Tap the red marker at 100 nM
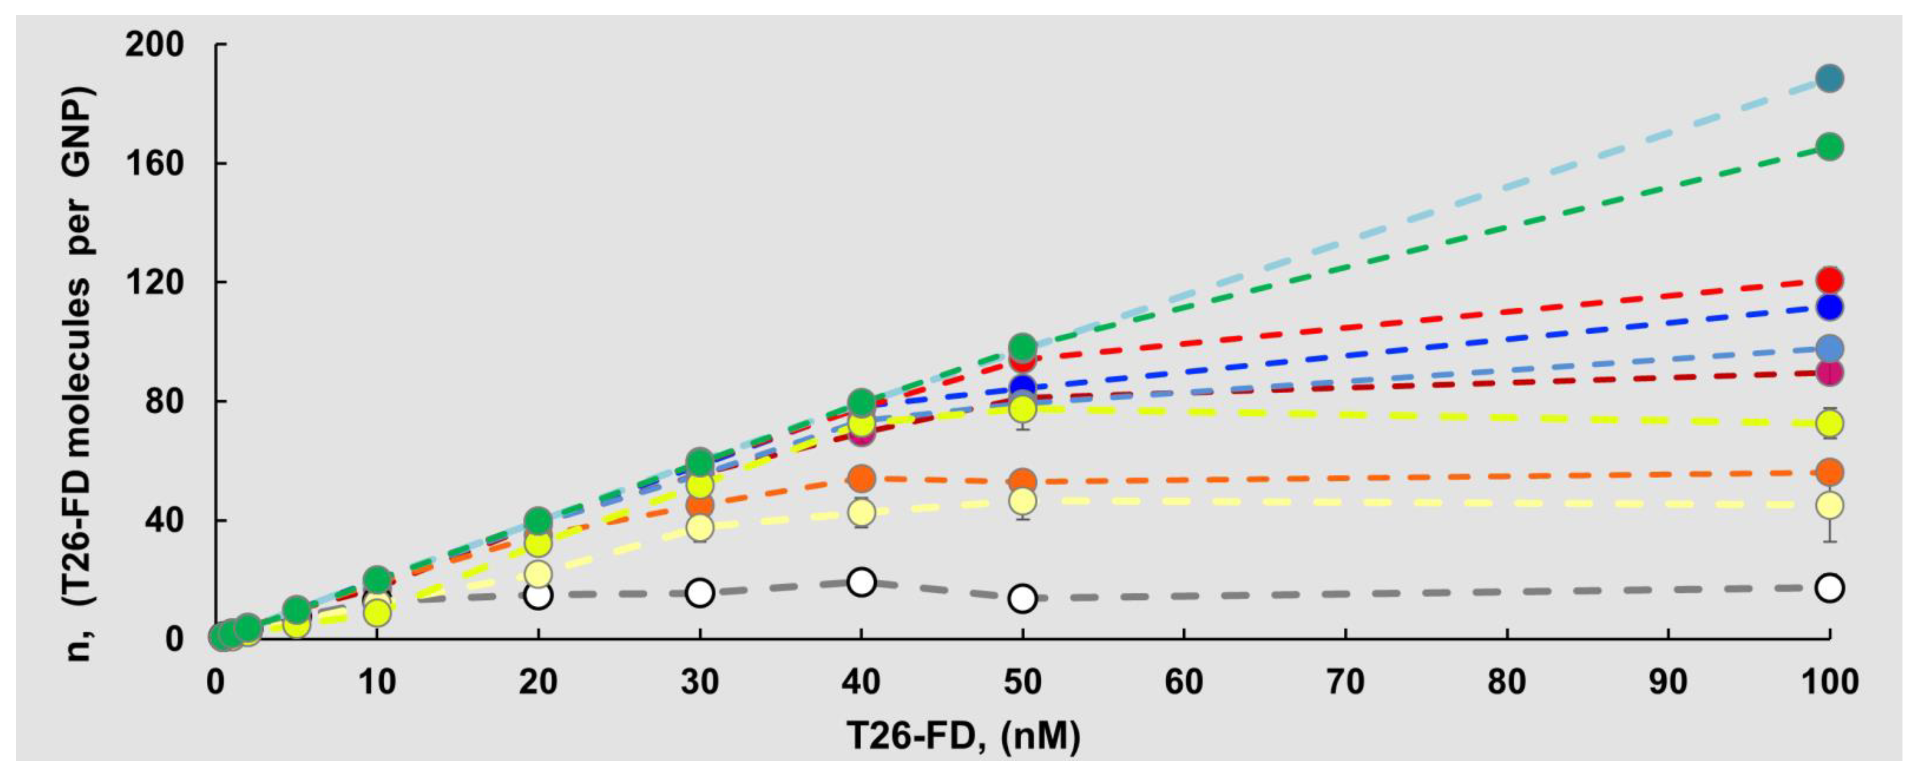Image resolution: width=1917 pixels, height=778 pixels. tap(1829, 280)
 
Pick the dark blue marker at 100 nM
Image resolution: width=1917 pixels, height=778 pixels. tap(1829, 306)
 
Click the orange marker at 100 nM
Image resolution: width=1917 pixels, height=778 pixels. tap(1829, 472)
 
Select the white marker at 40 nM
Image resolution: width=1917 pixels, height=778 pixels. tap(861, 582)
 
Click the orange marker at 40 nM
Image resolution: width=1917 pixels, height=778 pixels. tap(861, 478)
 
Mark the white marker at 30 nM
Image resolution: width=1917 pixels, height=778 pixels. tap(699, 592)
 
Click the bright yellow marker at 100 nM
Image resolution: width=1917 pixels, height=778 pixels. tap(1829, 423)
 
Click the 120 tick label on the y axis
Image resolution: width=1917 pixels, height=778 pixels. tap(154, 283)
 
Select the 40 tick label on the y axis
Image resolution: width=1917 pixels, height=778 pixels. tap(164, 520)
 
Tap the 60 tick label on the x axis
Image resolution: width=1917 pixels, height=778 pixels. tap(1183, 682)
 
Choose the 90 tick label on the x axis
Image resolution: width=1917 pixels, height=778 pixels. tap(1668, 682)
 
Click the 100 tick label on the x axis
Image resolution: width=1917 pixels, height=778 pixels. tap(1829, 682)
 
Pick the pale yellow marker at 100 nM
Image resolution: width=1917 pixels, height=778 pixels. tap(1829, 506)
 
